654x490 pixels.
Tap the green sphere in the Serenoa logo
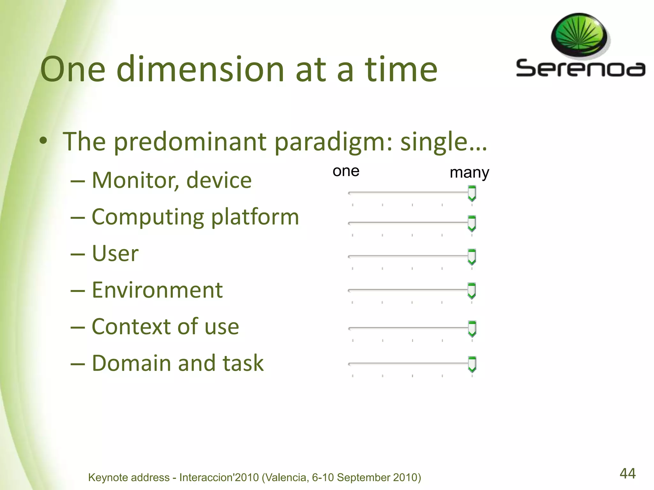[x=579, y=36]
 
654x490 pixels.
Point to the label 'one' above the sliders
[x=346, y=171]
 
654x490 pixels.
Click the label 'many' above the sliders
[x=469, y=173]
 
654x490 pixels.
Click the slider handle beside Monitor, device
[x=472, y=193]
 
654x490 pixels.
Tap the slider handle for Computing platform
[x=472, y=223]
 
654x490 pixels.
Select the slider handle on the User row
[x=472, y=257]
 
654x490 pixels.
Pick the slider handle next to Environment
[x=472, y=290]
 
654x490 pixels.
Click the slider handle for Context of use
[x=472, y=329]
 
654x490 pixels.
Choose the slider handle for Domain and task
[x=472, y=364]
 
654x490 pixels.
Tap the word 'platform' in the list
[x=255, y=217]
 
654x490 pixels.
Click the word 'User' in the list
[x=115, y=254]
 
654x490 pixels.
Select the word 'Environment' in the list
[x=157, y=290]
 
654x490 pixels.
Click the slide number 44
[x=627, y=473]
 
